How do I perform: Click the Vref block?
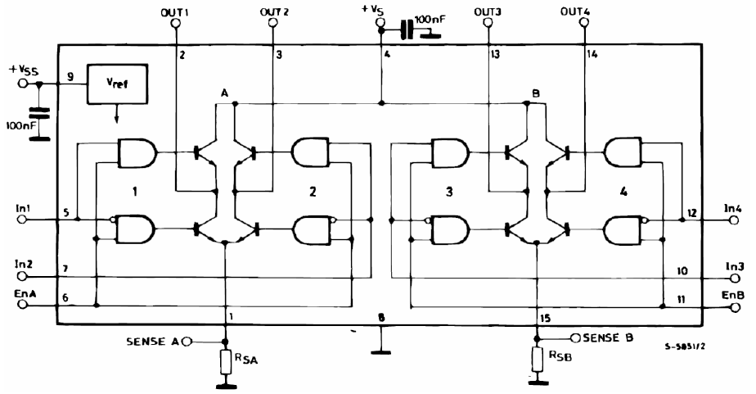pyautogui.click(x=115, y=85)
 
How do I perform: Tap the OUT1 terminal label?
pyautogui.click(x=174, y=11)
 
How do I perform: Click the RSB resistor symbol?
pyautogui.click(x=537, y=358)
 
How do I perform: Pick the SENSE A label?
pyautogui.click(x=151, y=341)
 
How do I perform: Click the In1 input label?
pyautogui.click(x=22, y=209)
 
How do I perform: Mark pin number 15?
pyautogui.click(x=545, y=317)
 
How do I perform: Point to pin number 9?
pyautogui.click(x=71, y=77)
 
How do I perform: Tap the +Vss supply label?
pyautogui.click(x=25, y=70)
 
